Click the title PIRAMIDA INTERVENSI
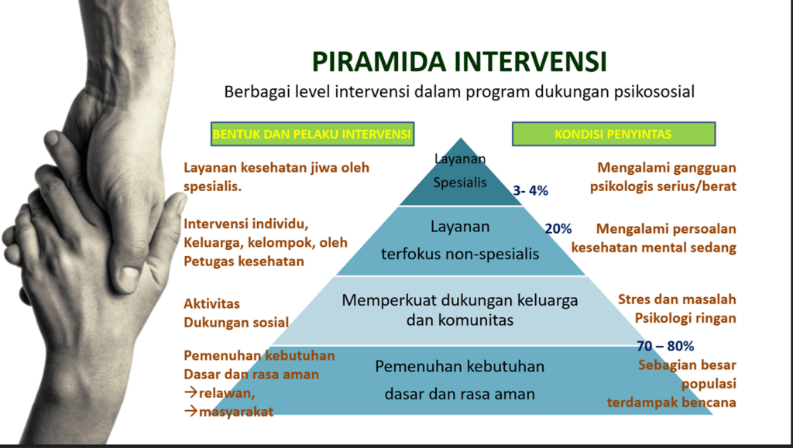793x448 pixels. (x=459, y=62)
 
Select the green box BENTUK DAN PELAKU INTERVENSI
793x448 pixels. (x=312, y=134)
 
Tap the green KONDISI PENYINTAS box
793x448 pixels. (x=613, y=134)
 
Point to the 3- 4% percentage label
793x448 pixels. (x=530, y=190)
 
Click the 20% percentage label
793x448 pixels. (x=558, y=229)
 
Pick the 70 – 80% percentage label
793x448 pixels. (x=665, y=346)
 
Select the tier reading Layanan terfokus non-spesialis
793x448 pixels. (x=460, y=241)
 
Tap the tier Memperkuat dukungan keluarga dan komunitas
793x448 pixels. (x=460, y=310)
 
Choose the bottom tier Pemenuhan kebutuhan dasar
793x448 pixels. (x=460, y=381)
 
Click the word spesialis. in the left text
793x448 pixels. (x=212, y=187)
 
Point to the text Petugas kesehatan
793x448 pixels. (x=244, y=261)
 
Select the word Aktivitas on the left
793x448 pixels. (x=211, y=303)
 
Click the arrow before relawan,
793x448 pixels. (x=191, y=393)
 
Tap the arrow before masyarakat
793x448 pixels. (x=191, y=412)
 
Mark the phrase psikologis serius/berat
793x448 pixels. (x=663, y=186)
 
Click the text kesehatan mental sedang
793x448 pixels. (x=654, y=248)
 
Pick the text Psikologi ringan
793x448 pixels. (x=685, y=318)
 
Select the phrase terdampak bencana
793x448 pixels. (x=671, y=402)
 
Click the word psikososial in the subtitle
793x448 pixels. (x=654, y=92)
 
